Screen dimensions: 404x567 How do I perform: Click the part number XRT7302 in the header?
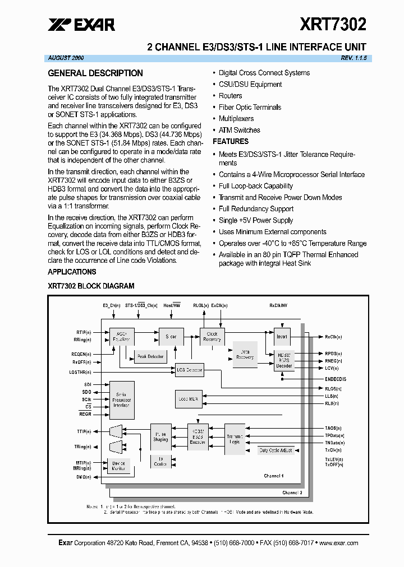pos(333,24)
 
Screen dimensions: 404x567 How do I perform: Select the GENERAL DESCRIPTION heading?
pos(95,73)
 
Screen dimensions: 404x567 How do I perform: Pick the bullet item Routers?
pos(230,96)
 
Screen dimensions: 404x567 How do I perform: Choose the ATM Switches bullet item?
pos(239,130)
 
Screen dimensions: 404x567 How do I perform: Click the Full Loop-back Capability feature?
pos(255,186)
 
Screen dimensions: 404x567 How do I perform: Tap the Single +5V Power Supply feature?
pos(256,220)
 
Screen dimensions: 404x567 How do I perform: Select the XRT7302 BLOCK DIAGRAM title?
pos(91,286)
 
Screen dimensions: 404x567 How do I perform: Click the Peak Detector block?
pos(150,357)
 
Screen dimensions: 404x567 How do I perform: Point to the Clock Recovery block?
pos(212,336)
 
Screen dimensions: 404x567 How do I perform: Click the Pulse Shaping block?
pos(160,437)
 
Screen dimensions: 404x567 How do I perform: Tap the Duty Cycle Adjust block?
pos(275,450)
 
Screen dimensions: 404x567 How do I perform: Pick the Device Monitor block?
pos(118,466)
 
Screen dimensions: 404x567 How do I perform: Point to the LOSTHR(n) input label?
pos(80,372)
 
